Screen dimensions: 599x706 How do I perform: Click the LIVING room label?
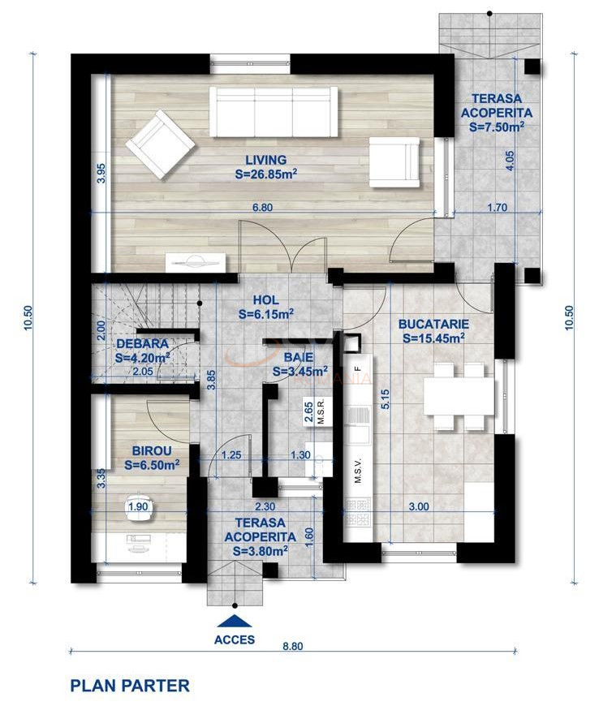click(x=266, y=160)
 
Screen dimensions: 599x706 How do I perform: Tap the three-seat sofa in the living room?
click(x=274, y=112)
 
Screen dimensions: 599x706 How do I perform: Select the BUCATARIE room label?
click(x=433, y=324)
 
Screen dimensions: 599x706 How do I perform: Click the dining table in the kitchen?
click(x=459, y=397)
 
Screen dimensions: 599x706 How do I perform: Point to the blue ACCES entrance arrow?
click(x=235, y=622)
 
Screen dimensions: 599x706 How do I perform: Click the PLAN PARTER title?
click(x=130, y=686)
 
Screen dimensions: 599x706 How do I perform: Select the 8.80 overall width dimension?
click(x=293, y=646)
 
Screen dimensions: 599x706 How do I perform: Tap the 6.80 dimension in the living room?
click(x=262, y=208)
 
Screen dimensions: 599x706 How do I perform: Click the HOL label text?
click(x=265, y=300)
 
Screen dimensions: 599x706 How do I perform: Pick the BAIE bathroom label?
click(x=299, y=358)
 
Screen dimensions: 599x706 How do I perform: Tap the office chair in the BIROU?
click(x=139, y=507)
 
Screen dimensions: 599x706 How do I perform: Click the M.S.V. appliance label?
click(x=359, y=471)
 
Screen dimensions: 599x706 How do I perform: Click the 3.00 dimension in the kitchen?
click(x=419, y=506)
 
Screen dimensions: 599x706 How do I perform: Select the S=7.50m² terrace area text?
click(x=496, y=127)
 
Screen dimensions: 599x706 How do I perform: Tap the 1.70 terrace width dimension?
click(x=498, y=208)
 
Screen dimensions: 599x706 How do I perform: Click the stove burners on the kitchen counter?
click(x=358, y=512)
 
